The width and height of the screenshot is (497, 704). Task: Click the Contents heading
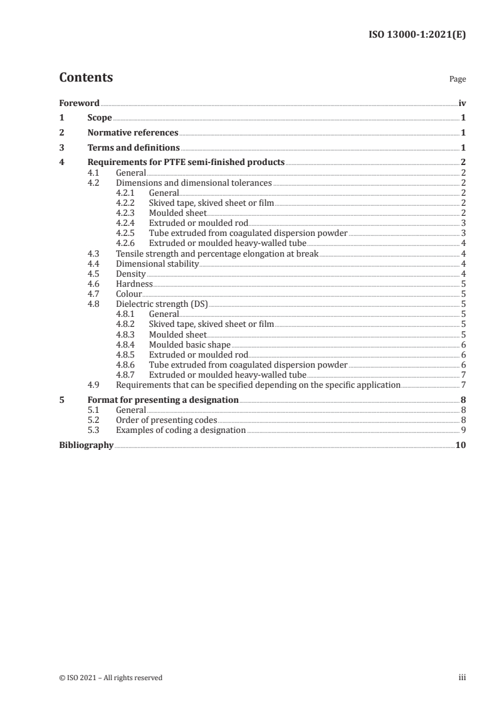86,78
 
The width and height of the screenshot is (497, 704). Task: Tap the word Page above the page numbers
457,80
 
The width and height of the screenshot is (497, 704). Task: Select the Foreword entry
79,103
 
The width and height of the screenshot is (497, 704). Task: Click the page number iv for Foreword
462,103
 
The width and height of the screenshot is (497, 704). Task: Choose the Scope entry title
100,118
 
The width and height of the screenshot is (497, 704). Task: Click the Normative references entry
133,133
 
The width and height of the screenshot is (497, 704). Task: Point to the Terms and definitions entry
133,148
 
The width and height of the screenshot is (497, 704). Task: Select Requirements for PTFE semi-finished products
186,163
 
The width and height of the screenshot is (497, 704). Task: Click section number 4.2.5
126,233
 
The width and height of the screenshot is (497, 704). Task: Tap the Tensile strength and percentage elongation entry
217,253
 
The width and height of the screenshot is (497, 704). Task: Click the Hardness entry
134,284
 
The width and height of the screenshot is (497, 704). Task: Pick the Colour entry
129,294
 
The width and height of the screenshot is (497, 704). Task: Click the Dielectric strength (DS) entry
162,304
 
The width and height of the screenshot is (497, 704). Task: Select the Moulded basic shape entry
189,344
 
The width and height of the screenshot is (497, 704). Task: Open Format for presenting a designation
163,400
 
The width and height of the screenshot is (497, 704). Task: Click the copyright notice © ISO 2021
111,678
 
